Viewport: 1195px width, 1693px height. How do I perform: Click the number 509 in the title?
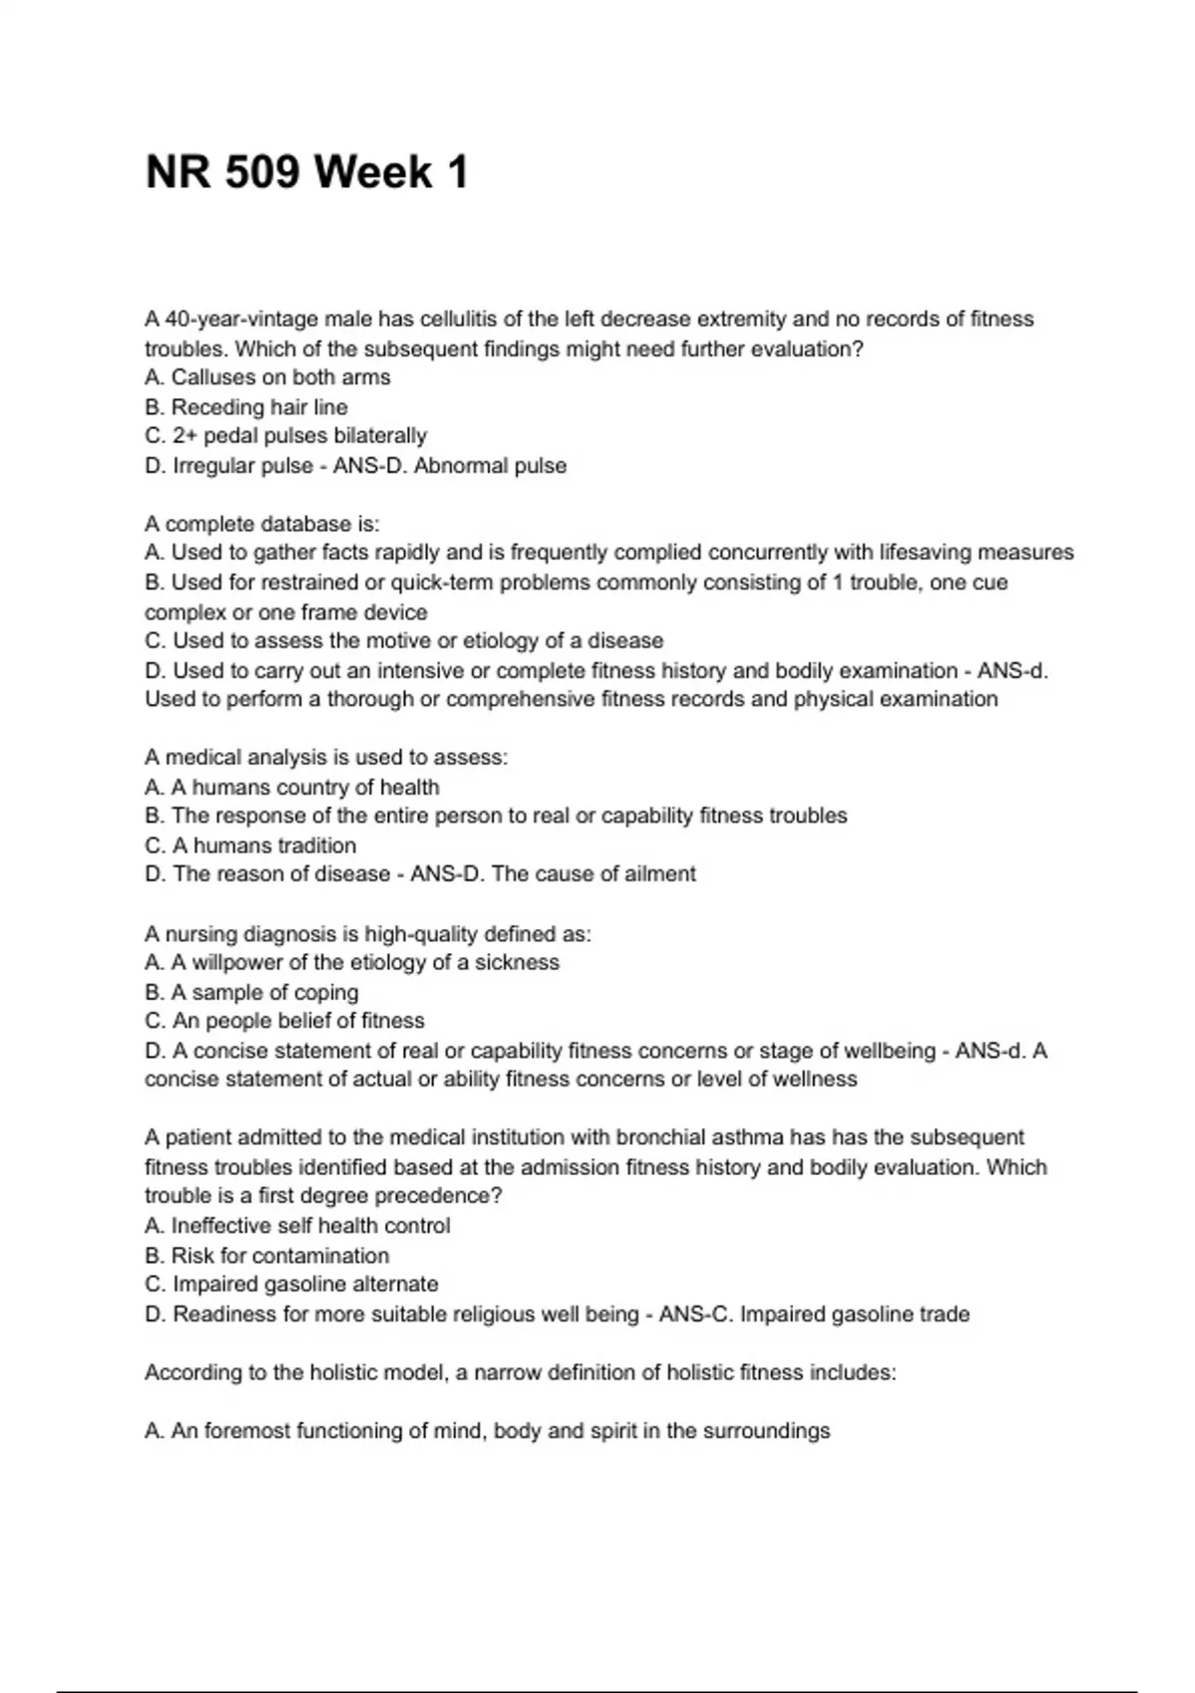261,172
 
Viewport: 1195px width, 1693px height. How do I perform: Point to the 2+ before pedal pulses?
185,436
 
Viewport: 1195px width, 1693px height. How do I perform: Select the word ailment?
660,874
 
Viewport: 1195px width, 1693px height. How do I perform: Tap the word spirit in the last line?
614,1431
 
